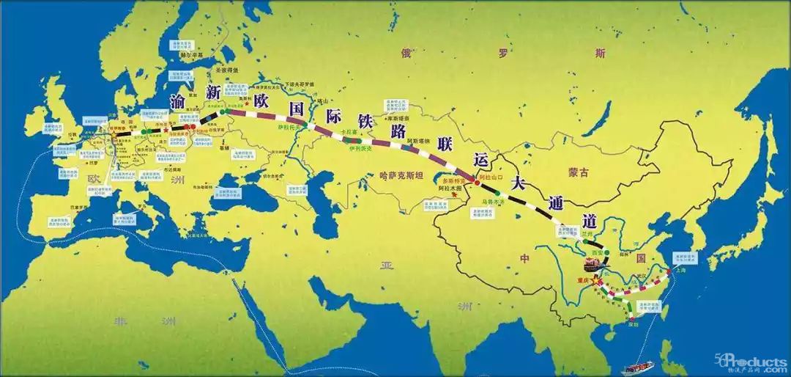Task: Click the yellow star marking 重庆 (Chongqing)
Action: tap(594, 279)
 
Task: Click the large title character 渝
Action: tap(177, 102)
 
